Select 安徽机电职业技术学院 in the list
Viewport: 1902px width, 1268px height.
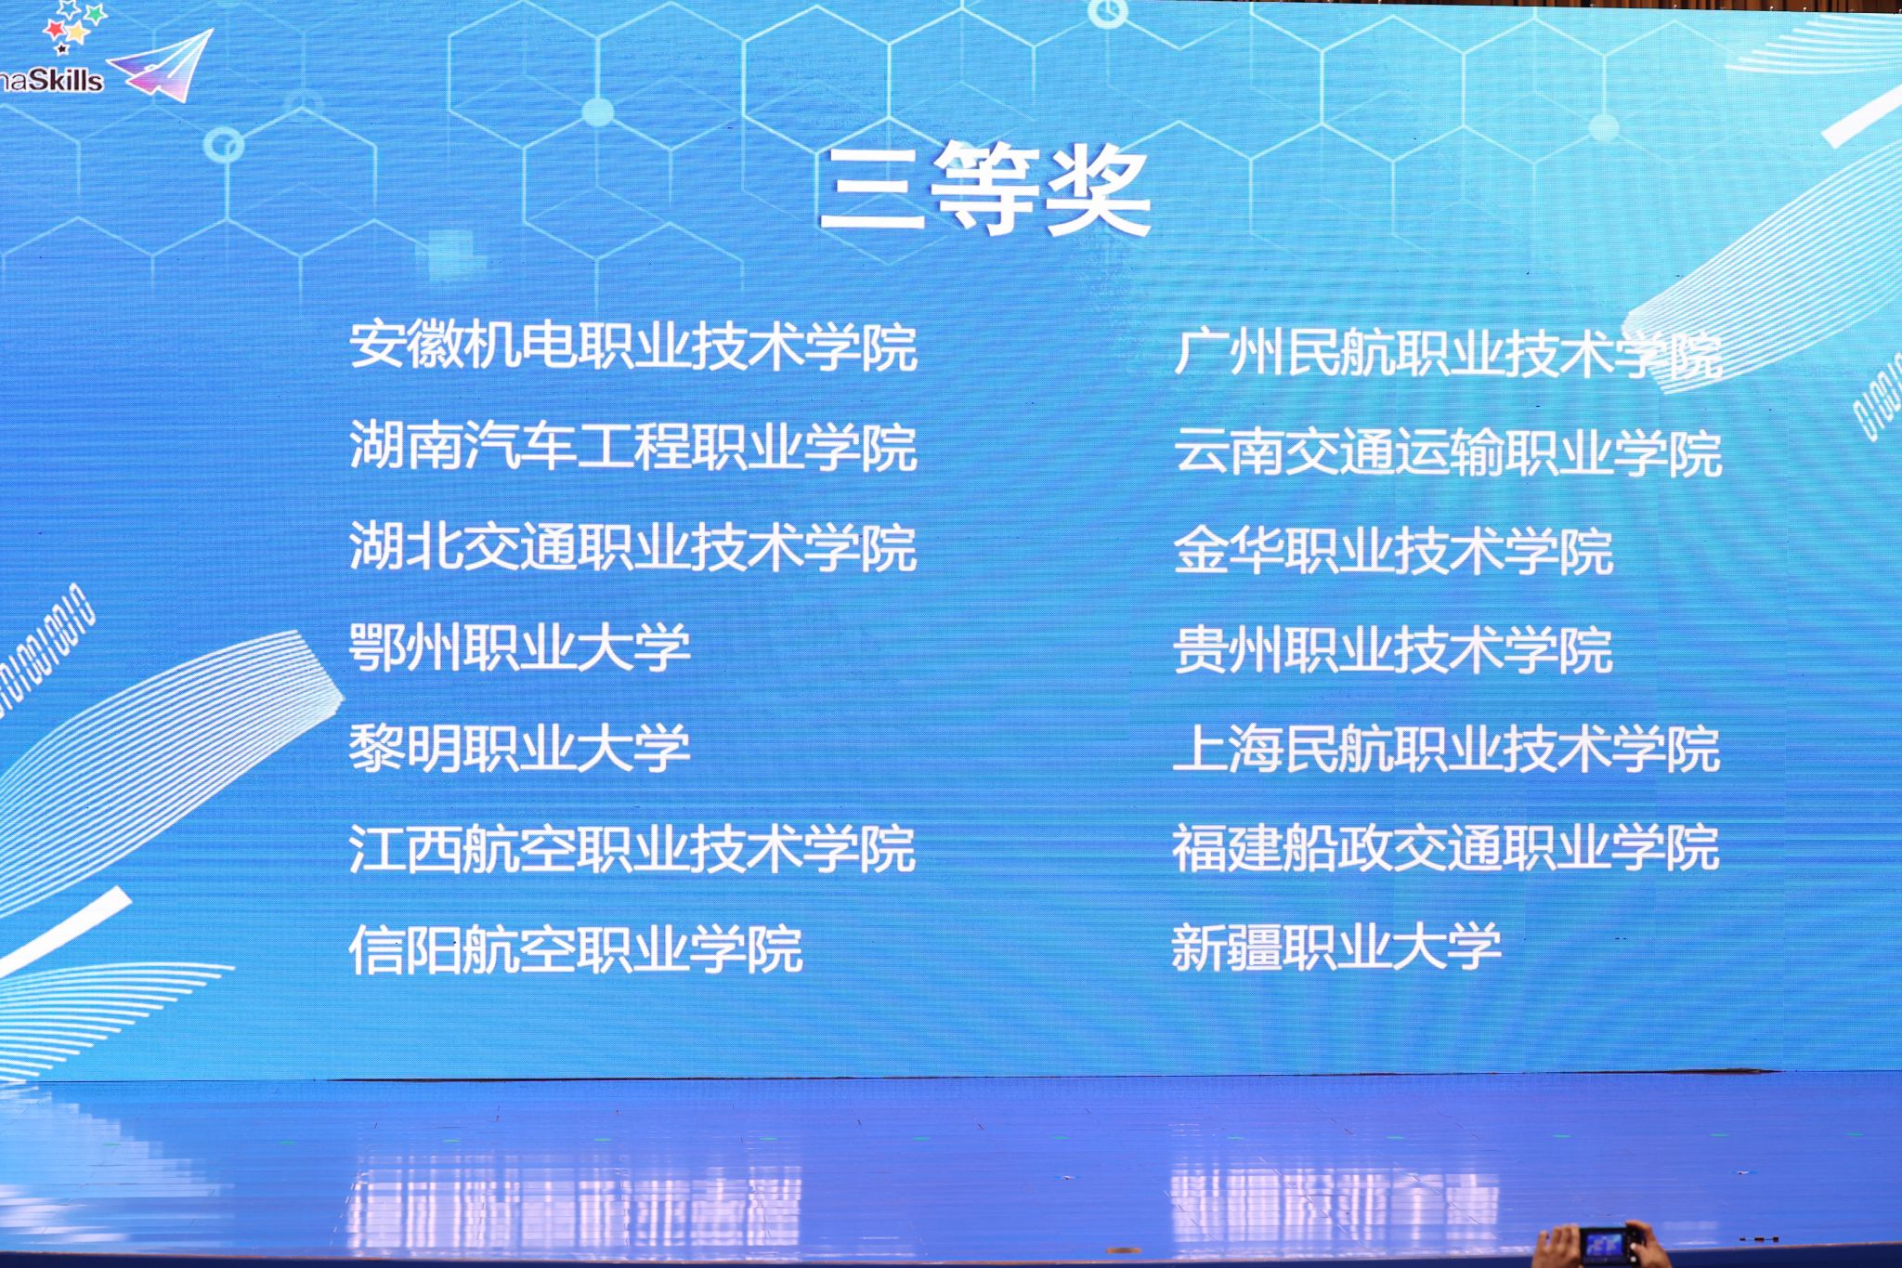[633, 346]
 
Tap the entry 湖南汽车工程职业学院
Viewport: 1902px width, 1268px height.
[633, 446]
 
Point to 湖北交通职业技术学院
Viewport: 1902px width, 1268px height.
[633, 546]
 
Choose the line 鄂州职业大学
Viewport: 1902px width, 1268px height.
[520, 647]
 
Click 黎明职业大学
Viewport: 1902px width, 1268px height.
[520, 747]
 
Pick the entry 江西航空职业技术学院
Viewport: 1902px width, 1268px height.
[632, 847]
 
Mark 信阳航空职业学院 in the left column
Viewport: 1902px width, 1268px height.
[576, 948]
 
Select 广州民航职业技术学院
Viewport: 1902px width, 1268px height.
[1448, 353]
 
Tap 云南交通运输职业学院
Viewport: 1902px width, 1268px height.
[1448, 452]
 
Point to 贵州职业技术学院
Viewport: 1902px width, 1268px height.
[1393, 649]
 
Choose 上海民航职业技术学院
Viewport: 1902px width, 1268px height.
[1447, 749]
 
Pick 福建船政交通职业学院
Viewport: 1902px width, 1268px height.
[1446, 847]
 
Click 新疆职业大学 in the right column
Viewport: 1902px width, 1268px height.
[1336, 947]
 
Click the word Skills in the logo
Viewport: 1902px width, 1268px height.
[66, 80]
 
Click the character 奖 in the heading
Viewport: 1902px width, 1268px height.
[1099, 192]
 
